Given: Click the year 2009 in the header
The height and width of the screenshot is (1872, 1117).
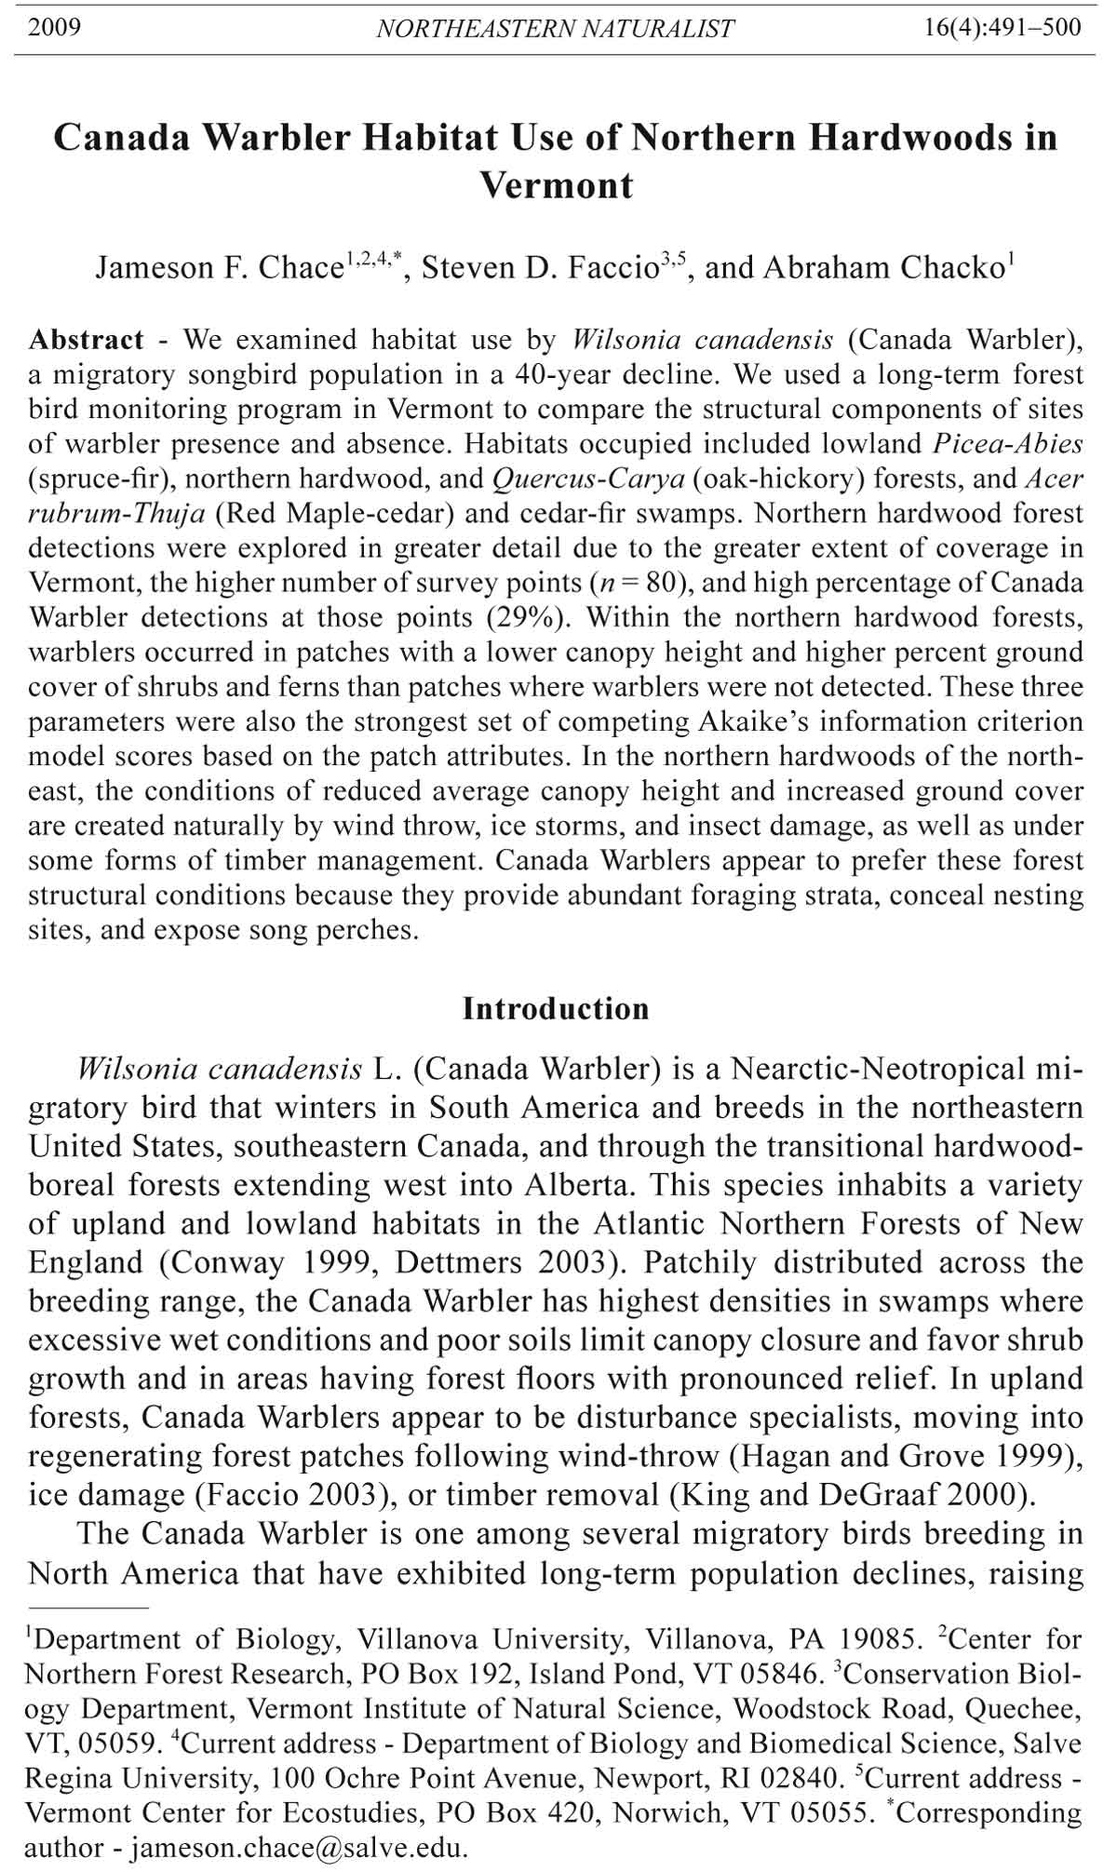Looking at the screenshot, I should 55,27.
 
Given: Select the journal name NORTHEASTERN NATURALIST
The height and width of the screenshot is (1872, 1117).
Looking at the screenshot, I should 556,29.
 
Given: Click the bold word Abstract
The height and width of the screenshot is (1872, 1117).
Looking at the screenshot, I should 87,340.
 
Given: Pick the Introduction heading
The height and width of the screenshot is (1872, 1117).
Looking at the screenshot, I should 556,1009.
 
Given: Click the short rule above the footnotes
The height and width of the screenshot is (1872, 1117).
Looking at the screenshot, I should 88,1608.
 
